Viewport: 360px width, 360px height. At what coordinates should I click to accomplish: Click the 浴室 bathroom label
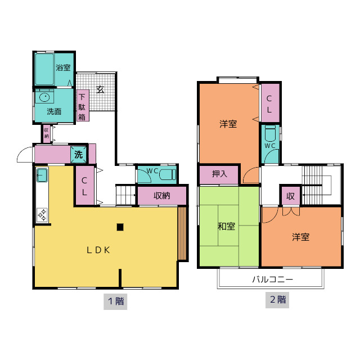(x=63, y=67)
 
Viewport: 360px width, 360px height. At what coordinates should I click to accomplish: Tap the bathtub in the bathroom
(x=44, y=69)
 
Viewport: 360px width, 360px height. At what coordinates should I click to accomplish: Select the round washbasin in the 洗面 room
(x=44, y=97)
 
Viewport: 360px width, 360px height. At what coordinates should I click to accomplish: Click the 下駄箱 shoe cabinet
(x=83, y=105)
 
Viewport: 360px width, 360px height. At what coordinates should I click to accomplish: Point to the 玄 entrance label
(x=100, y=89)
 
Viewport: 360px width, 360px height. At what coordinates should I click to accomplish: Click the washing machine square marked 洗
(x=78, y=155)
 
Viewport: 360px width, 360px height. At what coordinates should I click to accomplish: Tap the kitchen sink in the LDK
(x=42, y=175)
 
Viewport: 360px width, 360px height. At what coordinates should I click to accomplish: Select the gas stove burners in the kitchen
(x=42, y=215)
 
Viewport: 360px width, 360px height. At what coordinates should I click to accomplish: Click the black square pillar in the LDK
(x=120, y=227)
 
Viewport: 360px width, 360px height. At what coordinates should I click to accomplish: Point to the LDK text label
(x=98, y=250)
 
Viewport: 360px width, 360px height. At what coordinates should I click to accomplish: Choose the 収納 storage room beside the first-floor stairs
(x=162, y=196)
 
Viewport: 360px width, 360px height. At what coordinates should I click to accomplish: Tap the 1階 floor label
(x=115, y=301)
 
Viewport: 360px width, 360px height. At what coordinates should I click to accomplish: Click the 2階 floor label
(x=277, y=300)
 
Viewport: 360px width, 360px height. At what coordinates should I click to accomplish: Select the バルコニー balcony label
(x=272, y=280)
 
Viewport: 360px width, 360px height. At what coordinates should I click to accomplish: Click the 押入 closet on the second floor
(x=219, y=174)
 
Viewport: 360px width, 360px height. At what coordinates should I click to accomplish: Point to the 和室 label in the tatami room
(x=226, y=227)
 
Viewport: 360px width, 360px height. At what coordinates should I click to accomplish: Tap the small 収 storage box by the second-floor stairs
(x=290, y=196)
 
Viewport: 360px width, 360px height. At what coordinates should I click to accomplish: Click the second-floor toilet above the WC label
(x=270, y=134)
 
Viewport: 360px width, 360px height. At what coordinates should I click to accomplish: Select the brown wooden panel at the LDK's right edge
(x=182, y=233)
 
